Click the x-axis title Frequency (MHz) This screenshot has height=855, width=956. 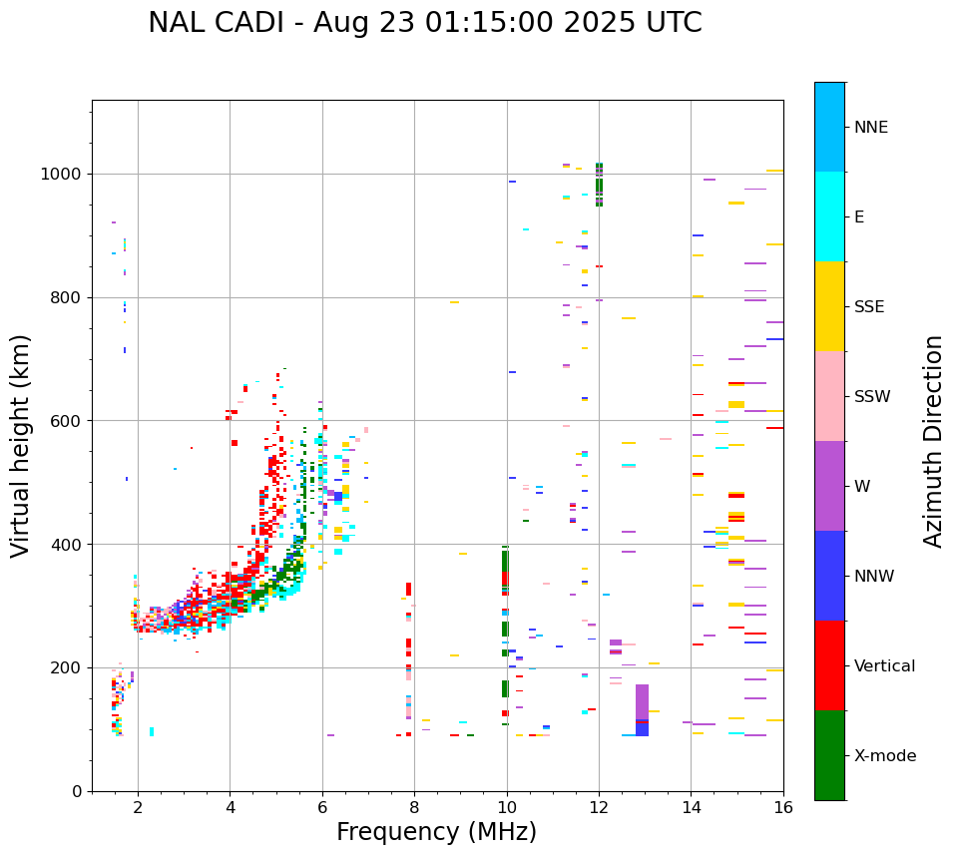[436, 832]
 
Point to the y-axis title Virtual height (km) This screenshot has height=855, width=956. [21, 445]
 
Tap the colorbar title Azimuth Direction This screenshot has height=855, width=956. [933, 440]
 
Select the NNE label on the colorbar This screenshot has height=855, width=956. [870, 128]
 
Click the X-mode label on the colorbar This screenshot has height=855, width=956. [884, 756]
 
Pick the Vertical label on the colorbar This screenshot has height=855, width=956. [884, 666]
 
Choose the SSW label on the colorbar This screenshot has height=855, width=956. [872, 397]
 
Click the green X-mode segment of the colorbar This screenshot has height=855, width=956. [829, 755]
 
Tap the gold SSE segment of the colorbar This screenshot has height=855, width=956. [829, 306]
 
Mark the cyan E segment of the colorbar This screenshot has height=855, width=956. [829, 216]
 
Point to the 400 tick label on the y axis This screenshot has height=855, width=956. [67, 545]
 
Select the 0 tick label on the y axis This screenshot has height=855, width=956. [78, 791]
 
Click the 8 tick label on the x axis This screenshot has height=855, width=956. [414, 806]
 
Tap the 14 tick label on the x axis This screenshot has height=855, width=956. [691, 806]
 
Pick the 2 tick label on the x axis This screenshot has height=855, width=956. [138, 806]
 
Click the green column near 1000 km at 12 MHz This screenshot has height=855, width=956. [599, 184]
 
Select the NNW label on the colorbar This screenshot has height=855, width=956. [874, 577]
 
